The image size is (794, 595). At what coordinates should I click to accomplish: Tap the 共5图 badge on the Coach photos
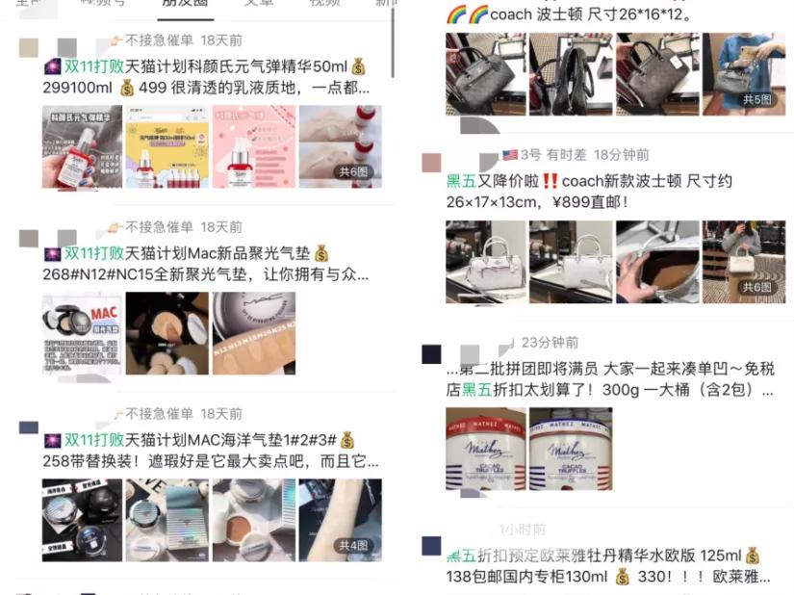tap(756, 99)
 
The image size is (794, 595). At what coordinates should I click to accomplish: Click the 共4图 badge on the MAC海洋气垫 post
tap(352, 546)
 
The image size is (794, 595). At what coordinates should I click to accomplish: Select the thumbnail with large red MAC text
tap(82, 333)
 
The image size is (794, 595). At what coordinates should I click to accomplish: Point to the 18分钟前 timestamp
tap(621, 155)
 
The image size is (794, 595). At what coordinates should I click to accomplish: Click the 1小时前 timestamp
tap(522, 530)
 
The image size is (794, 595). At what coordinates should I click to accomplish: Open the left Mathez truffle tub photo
tap(485, 449)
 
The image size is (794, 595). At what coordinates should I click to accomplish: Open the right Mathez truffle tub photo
tap(570, 449)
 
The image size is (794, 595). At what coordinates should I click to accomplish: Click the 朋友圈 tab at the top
tap(182, 4)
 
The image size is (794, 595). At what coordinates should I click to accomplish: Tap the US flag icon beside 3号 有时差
tap(509, 155)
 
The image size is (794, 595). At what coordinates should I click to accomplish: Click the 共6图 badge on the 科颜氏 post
tap(352, 172)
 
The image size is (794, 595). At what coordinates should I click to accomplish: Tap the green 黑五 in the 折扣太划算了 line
tap(477, 391)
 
